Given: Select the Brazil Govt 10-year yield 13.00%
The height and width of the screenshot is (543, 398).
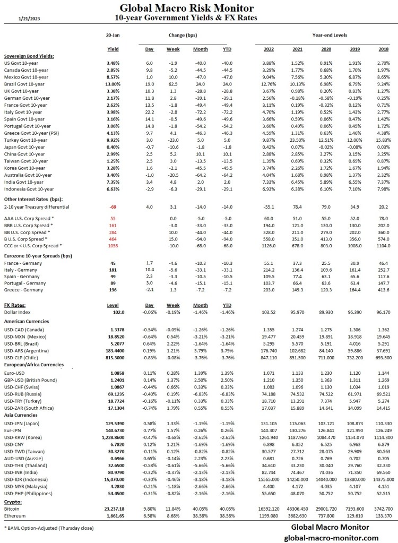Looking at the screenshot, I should tap(113, 84).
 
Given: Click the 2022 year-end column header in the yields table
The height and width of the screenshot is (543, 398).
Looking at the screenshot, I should tap(269, 49).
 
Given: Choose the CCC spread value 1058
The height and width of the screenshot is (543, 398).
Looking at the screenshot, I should tap(113, 245).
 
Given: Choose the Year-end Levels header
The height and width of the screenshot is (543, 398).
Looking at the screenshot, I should tap(330, 35).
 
